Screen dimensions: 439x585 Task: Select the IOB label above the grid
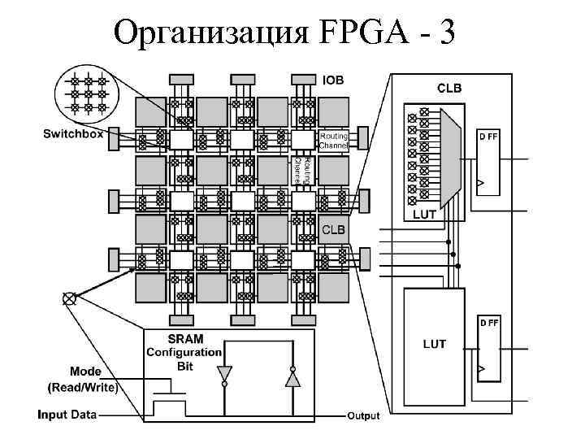[x=333, y=80]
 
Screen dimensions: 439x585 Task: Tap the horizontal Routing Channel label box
[x=333, y=140]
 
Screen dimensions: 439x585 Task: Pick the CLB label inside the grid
[x=334, y=230]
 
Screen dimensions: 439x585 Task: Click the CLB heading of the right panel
[x=451, y=87]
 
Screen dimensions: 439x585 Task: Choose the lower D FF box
[x=489, y=349]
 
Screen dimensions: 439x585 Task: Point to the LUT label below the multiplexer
[x=425, y=215]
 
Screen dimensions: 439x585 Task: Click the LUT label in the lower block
[x=434, y=344]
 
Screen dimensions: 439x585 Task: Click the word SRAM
[x=185, y=339]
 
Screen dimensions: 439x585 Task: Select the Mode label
[x=85, y=372]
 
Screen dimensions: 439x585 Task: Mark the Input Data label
[x=67, y=415]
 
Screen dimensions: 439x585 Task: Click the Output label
[x=363, y=416]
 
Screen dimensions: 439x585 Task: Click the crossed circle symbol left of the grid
[x=69, y=298]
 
